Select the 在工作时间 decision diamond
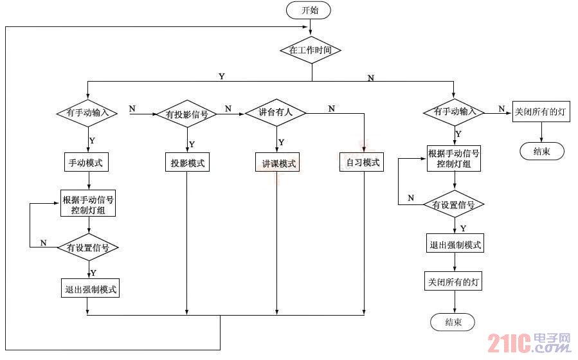tap(311, 50)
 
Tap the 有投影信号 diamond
tap(187, 114)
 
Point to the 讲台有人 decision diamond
tap(276, 112)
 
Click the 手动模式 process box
tap(87, 163)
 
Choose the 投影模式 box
tap(187, 163)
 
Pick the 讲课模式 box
tap(276, 163)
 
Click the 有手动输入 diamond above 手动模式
tap(87, 112)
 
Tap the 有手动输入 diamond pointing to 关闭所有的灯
tap(454, 111)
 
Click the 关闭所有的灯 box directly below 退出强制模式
tap(455, 282)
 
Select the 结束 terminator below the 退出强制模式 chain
tap(453, 322)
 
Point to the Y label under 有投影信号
tap(192, 144)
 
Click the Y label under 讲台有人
tap(282, 142)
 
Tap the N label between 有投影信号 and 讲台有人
tap(228, 108)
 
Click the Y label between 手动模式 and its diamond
tap(92, 140)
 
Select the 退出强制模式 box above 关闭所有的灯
tap(455, 244)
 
